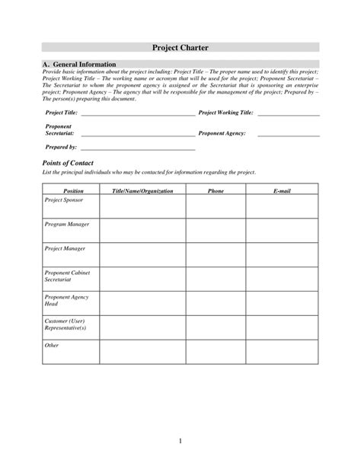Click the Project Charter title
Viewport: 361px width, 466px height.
click(x=180, y=47)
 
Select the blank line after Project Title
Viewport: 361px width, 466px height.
click(x=137, y=113)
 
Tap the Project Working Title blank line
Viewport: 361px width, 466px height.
click(x=288, y=113)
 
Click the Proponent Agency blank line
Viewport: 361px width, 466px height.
click(x=288, y=134)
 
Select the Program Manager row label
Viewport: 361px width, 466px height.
click(x=64, y=225)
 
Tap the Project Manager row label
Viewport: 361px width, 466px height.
click(x=63, y=249)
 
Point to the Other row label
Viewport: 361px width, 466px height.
click(x=51, y=345)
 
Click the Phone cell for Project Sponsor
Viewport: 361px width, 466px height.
click(x=216, y=206)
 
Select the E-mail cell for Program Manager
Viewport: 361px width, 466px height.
click(x=282, y=231)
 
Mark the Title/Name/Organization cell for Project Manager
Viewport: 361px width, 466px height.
click(x=142, y=254)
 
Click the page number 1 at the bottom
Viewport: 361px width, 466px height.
click(x=180, y=442)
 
